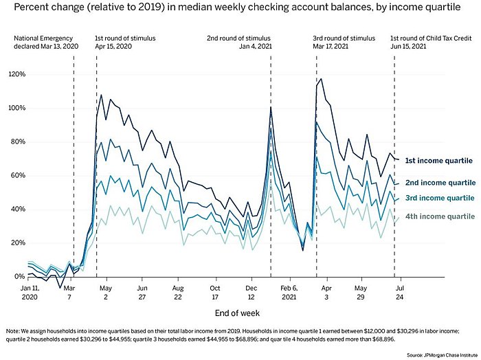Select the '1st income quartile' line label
(x=439, y=161)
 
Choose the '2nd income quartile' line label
(x=439, y=183)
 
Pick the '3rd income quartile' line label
(x=439, y=199)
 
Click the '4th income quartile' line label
(x=439, y=217)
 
